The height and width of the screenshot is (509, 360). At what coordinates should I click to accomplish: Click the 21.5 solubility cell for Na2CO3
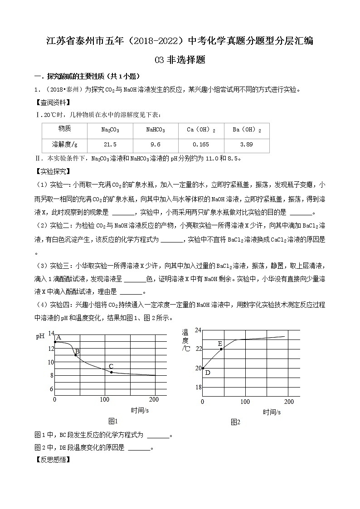tap(110, 145)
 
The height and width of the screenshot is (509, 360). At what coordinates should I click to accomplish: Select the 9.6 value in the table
tap(156, 145)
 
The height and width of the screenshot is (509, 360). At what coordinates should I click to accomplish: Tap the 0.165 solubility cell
tap(201, 145)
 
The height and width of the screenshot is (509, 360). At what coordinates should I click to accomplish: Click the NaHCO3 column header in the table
tap(156, 130)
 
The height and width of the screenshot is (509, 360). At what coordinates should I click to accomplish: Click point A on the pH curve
tap(55, 342)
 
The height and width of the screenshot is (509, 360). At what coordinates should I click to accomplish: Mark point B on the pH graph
tap(75, 355)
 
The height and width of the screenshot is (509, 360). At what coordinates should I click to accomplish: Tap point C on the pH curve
tap(111, 372)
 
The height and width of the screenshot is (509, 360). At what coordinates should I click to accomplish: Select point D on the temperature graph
tap(203, 368)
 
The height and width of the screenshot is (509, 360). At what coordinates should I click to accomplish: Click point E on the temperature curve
tap(221, 349)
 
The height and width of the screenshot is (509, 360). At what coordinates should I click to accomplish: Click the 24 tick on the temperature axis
tap(198, 330)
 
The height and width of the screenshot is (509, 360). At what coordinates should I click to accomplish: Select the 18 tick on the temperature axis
tap(198, 387)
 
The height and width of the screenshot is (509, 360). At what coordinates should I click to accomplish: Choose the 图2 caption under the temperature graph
tap(235, 422)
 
